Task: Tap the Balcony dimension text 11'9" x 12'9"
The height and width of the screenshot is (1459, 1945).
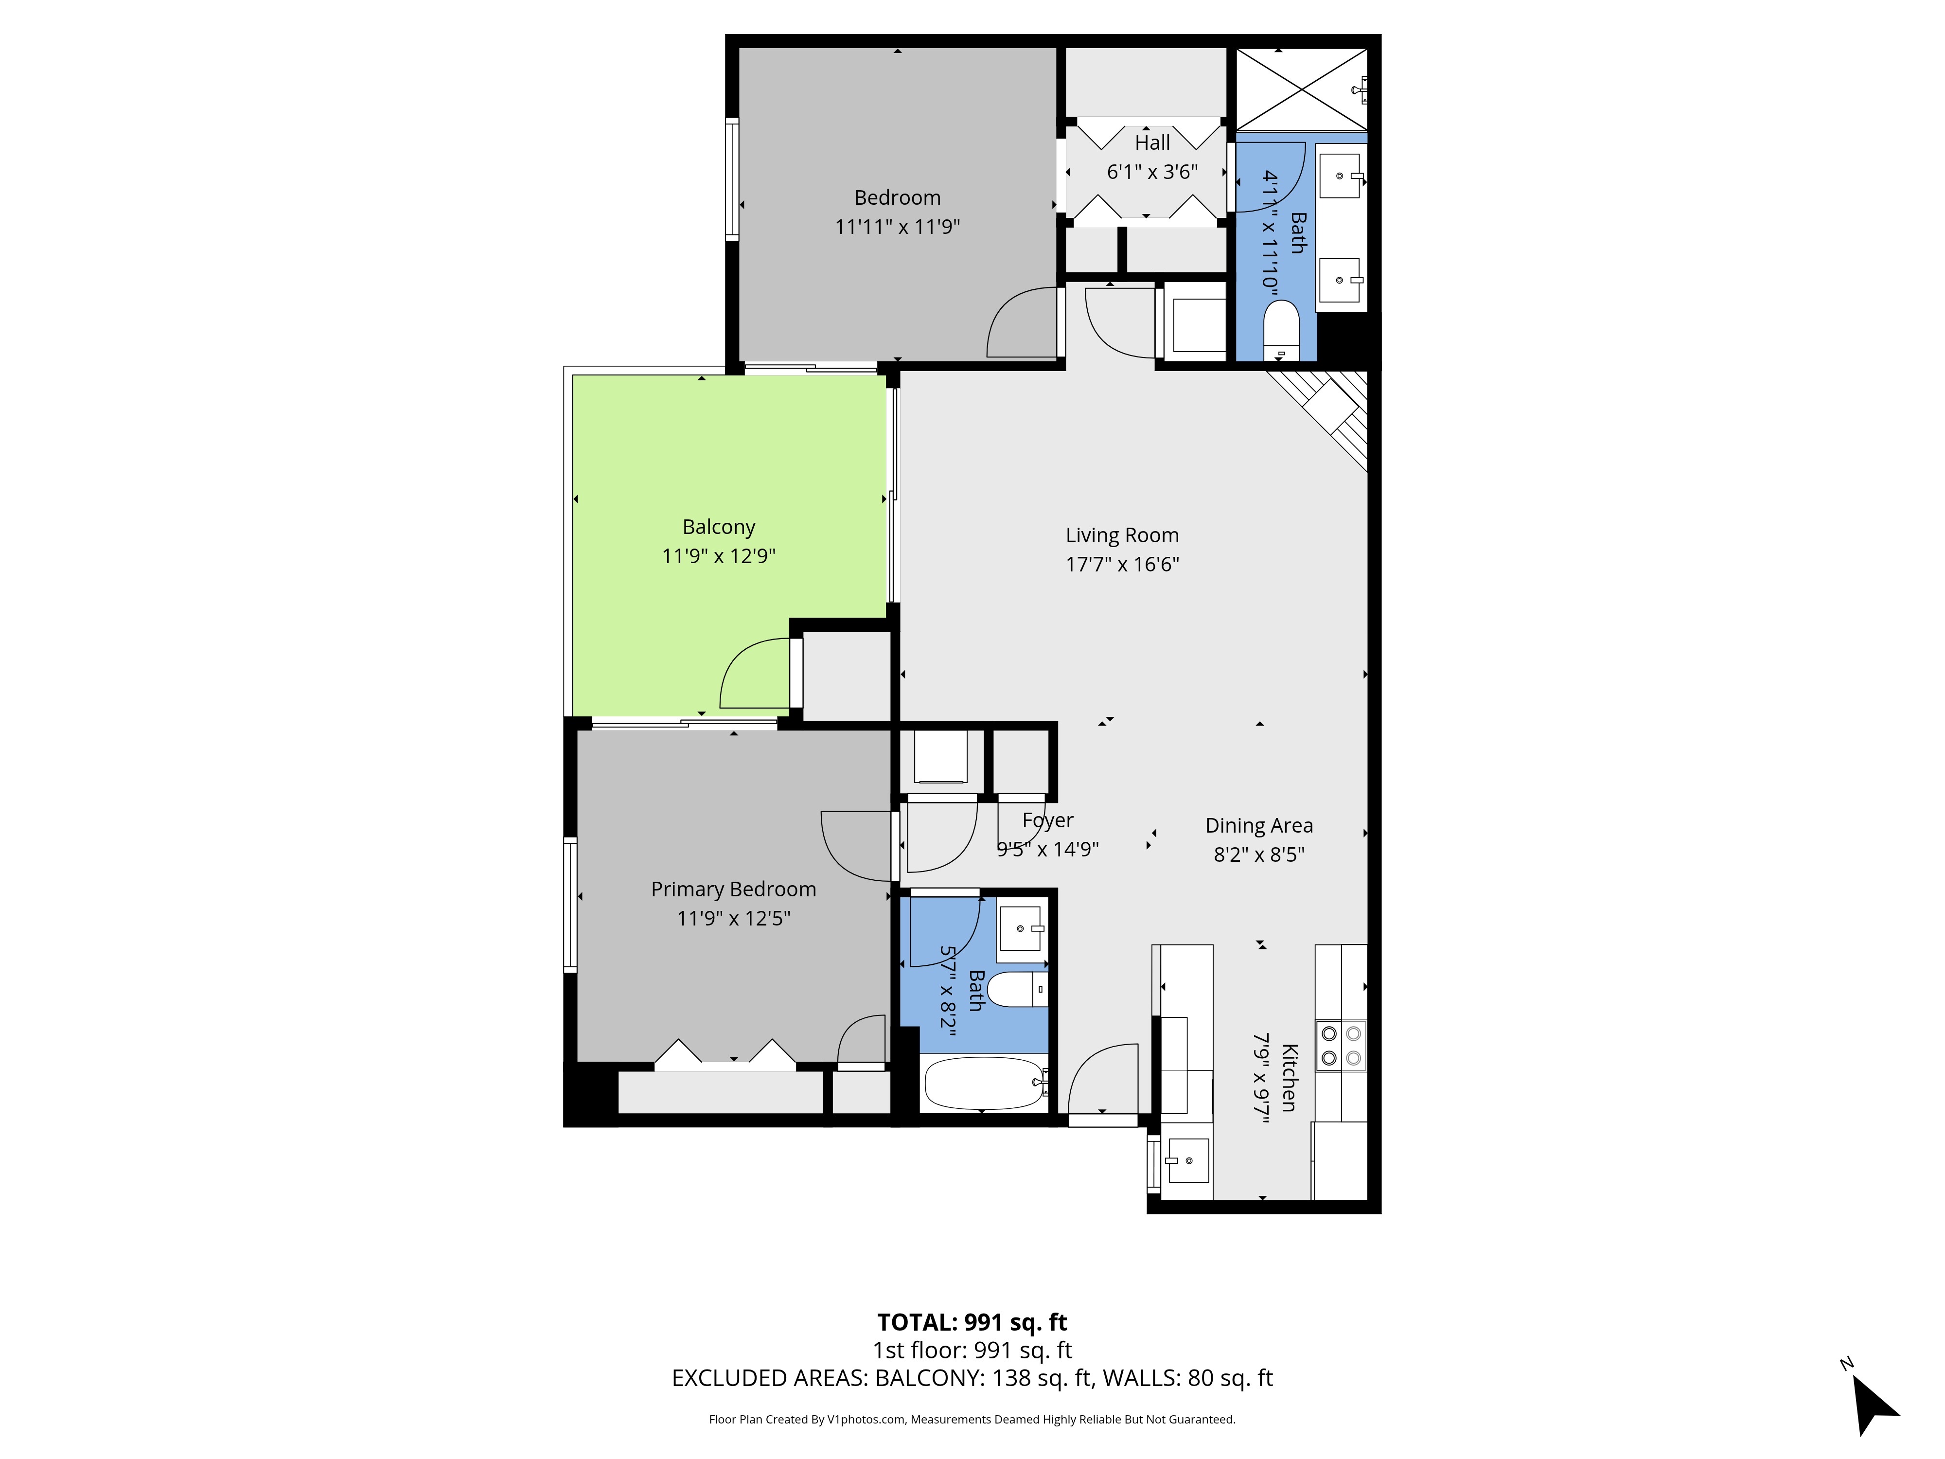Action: coord(718,556)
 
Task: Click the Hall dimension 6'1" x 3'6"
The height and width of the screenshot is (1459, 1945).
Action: coord(1152,172)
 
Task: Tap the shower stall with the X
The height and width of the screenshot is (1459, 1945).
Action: coord(1301,89)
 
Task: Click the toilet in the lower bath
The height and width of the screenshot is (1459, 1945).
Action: coord(1018,989)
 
